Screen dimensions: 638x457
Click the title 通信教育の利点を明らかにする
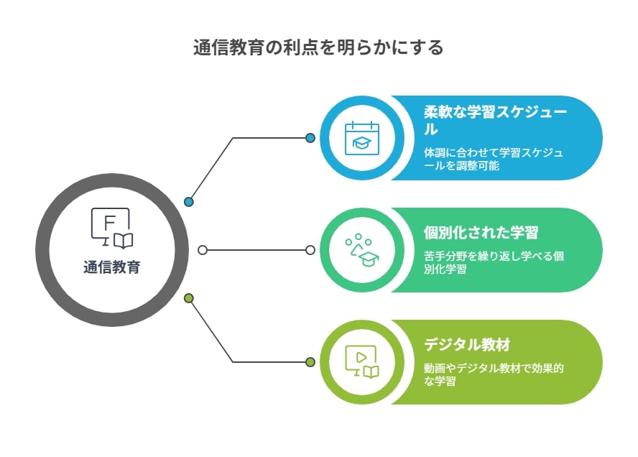pos(318,47)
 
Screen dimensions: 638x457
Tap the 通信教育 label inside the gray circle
pos(112,267)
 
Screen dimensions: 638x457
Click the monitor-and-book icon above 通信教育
pos(112,228)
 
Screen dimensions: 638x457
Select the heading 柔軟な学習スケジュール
pos(495,121)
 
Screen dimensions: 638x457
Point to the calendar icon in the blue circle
pos(361,138)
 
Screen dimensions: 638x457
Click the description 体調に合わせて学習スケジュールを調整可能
pos(493,159)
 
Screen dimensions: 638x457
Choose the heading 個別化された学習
pos(481,232)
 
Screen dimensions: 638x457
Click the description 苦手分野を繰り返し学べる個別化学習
pos(494,262)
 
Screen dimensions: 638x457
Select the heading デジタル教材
pos(467,344)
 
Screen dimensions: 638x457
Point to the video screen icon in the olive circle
pos(361,361)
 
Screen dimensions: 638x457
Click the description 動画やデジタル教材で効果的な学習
pos(494,374)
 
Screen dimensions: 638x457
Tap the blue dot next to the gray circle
pos(189,201)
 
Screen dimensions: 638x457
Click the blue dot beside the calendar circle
pos(310,138)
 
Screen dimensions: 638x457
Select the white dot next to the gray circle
pos(203,250)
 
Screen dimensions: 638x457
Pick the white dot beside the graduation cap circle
pos(310,250)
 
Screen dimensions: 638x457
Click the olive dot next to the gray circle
pos(189,298)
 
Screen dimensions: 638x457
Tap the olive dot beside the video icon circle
pos(310,361)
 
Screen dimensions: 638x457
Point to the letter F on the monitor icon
pos(109,223)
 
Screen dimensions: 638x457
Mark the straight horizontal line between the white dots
pos(256,250)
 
